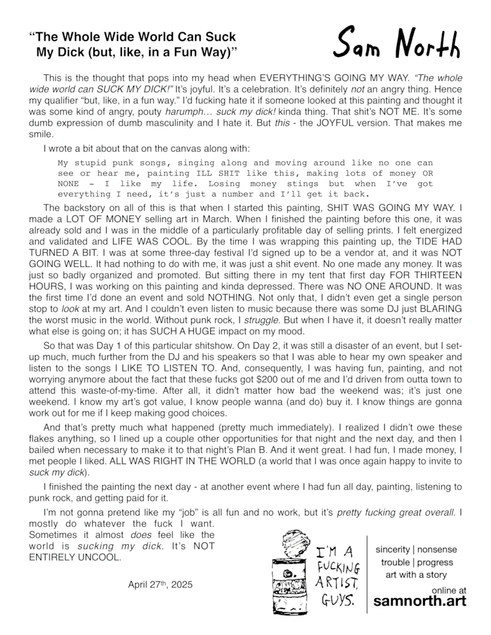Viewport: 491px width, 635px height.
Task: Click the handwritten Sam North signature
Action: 398,44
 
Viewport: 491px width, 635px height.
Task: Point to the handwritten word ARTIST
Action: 339,582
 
